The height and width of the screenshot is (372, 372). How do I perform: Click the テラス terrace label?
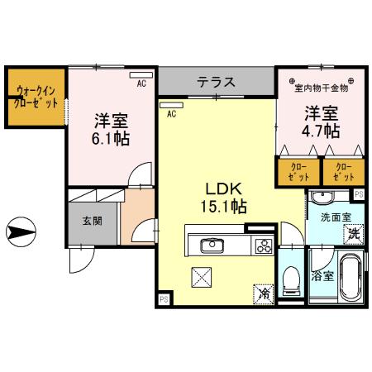point(216,83)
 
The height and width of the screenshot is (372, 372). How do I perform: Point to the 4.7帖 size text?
point(321,130)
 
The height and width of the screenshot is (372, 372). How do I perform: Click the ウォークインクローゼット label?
point(34,98)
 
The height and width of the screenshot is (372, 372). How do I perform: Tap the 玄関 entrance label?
point(92,221)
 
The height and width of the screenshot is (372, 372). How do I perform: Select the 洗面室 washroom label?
point(336,215)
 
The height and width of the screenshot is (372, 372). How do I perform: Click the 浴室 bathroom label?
point(323,276)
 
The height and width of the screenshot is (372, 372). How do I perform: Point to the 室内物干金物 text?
point(322,86)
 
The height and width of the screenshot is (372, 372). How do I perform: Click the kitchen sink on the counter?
point(210,245)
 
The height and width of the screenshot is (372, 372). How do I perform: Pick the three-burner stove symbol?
point(263,245)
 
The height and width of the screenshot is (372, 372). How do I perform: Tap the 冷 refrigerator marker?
point(264,293)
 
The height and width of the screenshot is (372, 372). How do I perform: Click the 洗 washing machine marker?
point(353,233)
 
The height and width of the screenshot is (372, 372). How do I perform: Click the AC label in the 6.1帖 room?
point(141,83)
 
